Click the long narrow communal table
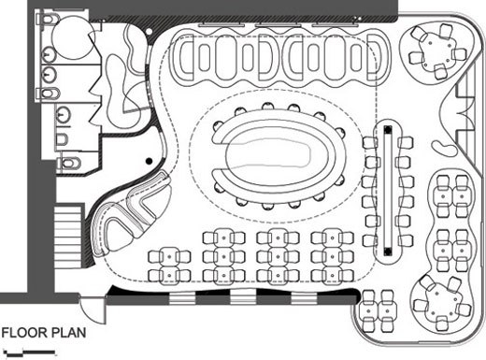385,193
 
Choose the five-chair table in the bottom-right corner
439,299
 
